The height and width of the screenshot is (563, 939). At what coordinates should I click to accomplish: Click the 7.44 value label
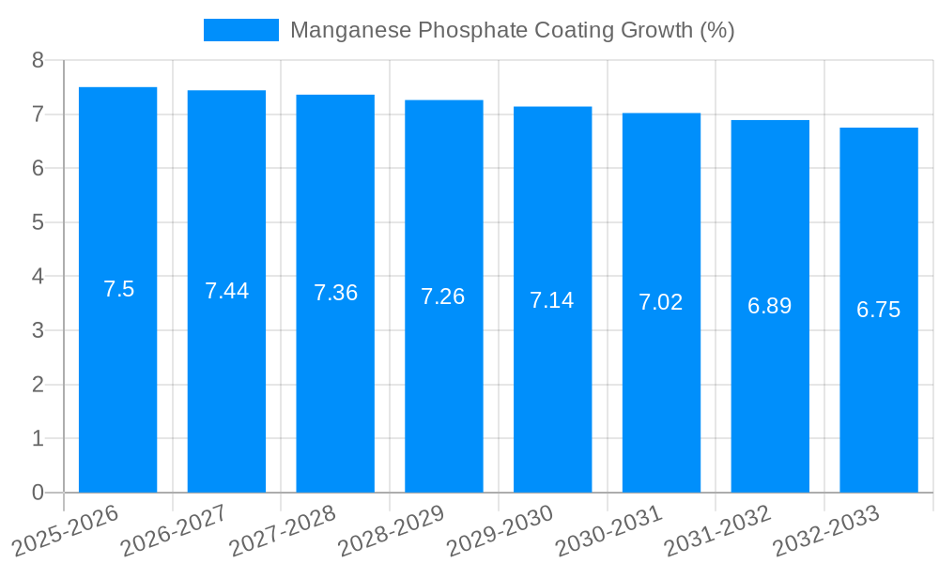click(x=227, y=291)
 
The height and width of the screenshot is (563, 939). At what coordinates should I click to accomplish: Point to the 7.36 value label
click(x=335, y=293)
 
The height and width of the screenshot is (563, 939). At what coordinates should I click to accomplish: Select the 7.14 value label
click(x=552, y=300)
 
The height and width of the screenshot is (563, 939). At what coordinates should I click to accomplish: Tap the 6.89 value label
click(x=770, y=306)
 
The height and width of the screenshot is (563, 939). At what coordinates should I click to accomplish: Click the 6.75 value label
click(x=879, y=310)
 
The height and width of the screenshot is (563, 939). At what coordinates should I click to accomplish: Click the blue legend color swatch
click(x=241, y=30)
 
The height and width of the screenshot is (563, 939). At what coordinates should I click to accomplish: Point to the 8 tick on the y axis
click(x=38, y=60)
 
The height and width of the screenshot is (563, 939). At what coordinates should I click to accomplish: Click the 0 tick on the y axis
click(x=38, y=493)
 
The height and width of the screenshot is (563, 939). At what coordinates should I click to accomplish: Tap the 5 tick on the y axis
click(x=38, y=222)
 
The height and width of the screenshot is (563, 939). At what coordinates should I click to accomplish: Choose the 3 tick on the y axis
click(x=38, y=330)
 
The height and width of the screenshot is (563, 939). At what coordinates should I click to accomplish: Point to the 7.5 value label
click(x=119, y=289)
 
